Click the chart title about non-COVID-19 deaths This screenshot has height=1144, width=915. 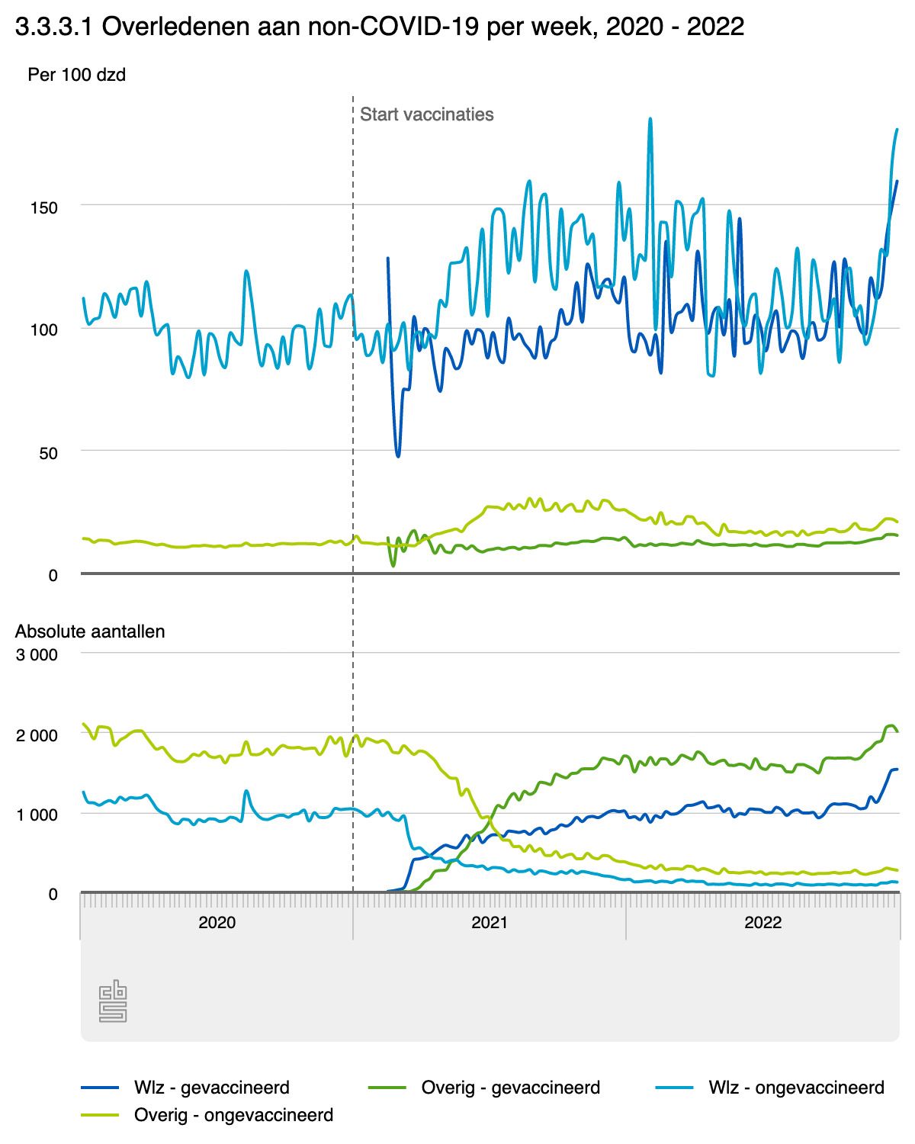tap(379, 28)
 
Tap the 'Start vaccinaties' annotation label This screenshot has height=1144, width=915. tap(426, 114)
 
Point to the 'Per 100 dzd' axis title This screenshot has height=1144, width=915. tap(76, 75)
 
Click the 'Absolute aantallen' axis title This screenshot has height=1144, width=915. tap(90, 631)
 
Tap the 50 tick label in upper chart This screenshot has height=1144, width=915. tap(48, 453)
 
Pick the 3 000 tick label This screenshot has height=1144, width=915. tap(37, 654)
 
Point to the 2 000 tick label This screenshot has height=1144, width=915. tap(37, 735)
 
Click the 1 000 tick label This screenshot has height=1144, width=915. tap(37, 815)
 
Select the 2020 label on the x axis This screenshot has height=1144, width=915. tap(217, 922)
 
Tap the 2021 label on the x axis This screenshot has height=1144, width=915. tap(490, 922)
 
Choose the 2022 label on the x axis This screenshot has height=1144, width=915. tap(762, 922)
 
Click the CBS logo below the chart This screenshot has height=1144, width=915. tap(113, 1003)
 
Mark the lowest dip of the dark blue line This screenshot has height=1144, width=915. tap(398, 455)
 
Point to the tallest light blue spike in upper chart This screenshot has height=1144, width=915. tap(650, 119)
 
